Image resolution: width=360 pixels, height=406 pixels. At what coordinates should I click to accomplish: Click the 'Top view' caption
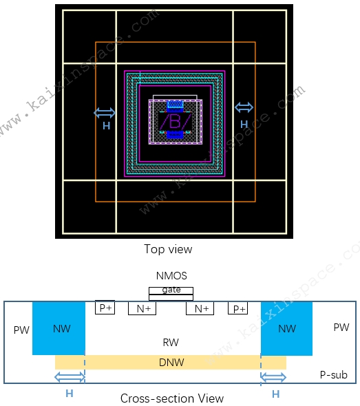168,249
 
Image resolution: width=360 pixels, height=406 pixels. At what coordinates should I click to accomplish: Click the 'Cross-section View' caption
172,398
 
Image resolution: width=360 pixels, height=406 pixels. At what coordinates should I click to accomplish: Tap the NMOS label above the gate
171,276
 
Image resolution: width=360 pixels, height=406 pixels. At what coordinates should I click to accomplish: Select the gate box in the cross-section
171,294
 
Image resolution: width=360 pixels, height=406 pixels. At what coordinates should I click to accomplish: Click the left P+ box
105,308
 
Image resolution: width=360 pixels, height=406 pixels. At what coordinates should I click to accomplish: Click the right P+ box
237,308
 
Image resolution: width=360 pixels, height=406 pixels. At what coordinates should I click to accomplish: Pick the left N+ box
142,308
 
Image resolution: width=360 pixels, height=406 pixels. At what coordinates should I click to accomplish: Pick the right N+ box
200,308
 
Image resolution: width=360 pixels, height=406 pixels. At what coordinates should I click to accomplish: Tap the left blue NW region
59,328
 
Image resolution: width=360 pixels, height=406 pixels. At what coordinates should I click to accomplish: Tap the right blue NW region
287,328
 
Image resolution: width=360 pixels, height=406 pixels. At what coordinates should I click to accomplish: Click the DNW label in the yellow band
171,363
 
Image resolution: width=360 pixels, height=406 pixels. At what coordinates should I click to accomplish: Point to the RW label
171,342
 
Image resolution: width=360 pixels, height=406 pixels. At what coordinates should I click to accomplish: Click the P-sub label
334,374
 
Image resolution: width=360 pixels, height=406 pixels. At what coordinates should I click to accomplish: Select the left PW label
21,330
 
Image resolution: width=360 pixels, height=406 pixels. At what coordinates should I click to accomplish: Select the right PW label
341,328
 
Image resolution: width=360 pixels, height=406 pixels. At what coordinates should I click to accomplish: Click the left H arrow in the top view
105,113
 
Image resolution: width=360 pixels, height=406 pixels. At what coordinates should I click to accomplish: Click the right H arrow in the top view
244,107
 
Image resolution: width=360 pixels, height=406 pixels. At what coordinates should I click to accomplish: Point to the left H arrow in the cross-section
70,377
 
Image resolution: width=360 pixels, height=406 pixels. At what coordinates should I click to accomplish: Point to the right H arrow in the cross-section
273,377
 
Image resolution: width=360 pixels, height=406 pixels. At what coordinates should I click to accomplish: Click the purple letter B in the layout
175,121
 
